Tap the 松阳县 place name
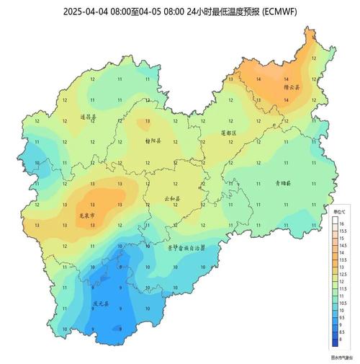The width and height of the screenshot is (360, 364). (153, 141)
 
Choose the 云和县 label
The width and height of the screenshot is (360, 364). (173, 197)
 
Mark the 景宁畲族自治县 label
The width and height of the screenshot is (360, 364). (186, 247)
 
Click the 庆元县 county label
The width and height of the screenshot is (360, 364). (101, 303)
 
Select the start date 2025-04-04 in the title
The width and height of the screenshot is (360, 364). (84, 12)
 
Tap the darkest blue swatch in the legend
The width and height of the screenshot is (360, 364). (334, 342)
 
